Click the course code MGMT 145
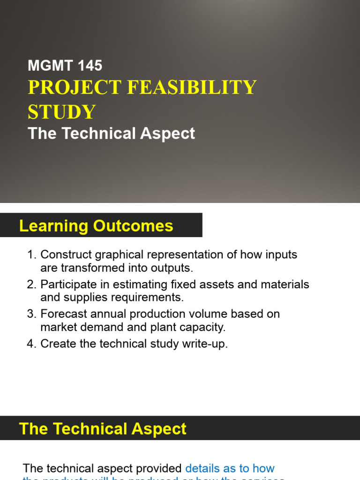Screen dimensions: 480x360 (x=65, y=66)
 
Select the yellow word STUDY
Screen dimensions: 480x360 (x=61, y=112)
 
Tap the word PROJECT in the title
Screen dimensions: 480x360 (x=75, y=88)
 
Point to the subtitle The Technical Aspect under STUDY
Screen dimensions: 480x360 (x=111, y=134)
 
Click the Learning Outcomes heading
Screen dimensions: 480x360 (x=96, y=226)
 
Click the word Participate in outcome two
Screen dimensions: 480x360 (x=64, y=285)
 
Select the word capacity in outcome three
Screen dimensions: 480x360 (x=204, y=327)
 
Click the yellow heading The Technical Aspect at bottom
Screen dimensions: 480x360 (x=103, y=429)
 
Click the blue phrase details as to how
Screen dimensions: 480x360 (x=230, y=468)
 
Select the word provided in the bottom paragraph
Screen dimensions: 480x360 (x=159, y=468)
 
